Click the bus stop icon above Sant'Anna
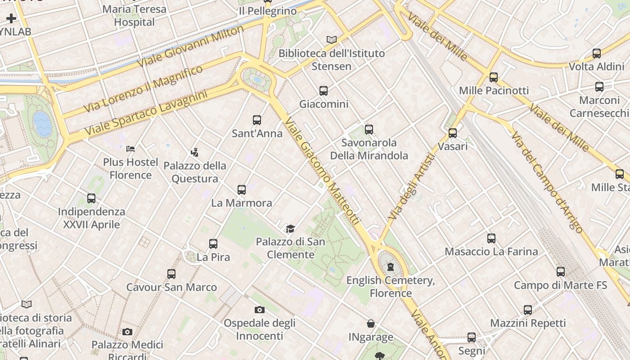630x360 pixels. point(257,120)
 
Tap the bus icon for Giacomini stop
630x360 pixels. point(324,91)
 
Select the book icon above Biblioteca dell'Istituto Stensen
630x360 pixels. point(332,40)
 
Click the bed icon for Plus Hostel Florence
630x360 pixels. point(130,148)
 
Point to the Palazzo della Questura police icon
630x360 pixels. point(195,152)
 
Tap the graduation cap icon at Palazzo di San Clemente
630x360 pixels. point(290,229)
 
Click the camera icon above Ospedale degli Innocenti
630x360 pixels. point(260,310)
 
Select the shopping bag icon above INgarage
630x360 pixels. point(371,324)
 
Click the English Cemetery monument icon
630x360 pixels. point(391,267)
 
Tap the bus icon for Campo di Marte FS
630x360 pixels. point(560,272)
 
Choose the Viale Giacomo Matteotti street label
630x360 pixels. point(322,171)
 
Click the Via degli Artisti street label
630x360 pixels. point(412,187)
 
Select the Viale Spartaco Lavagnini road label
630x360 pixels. point(146,113)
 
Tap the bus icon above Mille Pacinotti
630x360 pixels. point(494,77)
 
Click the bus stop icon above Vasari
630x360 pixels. point(453,133)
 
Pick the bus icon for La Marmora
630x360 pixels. point(242,190)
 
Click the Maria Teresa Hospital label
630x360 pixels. point(134,15)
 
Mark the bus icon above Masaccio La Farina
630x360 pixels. point(491,238)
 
